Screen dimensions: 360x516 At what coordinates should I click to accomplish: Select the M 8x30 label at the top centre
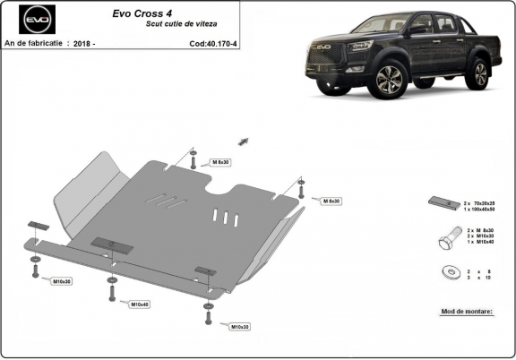click(x=219, y=162)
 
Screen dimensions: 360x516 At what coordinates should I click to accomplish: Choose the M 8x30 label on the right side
click(x=331, y=201)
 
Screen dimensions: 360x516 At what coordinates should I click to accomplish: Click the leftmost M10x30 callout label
click(x=62, y=281)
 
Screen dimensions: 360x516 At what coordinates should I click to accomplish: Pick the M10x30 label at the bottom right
click(x=240, y=327)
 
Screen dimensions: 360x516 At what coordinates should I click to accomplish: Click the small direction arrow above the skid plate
click(x=242, y=140)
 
